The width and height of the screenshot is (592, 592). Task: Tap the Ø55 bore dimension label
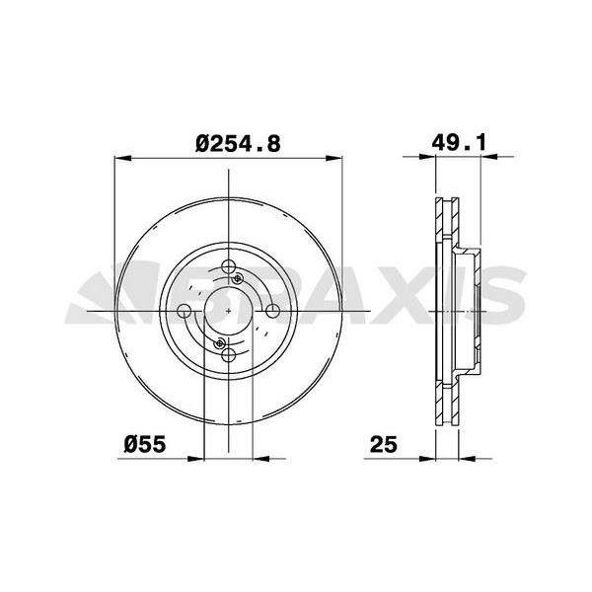click(144, 445)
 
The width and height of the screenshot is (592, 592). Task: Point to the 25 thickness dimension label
click(384, 445)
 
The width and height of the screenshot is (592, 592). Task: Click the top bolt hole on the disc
click(229, 268)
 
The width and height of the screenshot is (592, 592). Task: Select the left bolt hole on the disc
click(184, 313)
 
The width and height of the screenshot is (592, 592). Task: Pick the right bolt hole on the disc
click(273, 313)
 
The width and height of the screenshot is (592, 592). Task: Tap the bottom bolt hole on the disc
click(229, 356)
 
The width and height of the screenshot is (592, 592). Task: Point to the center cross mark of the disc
click(229, 313)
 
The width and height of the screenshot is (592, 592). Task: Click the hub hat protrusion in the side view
click(474, 312)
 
